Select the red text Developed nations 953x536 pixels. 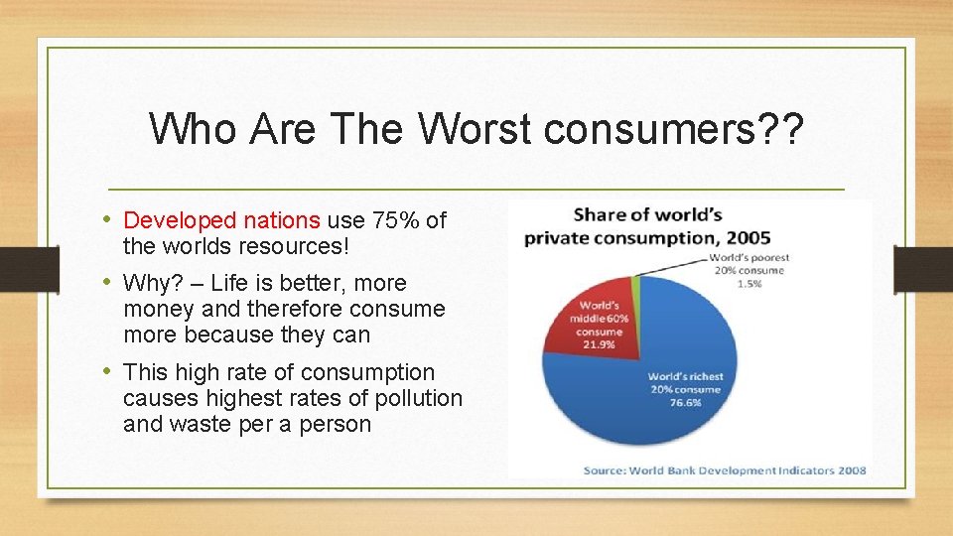[221, 219]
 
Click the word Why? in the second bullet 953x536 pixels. [148, 283]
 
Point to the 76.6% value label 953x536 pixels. [685, 403]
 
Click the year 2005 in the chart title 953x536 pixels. [745, 238]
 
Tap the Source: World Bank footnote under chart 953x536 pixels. [724, 469]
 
